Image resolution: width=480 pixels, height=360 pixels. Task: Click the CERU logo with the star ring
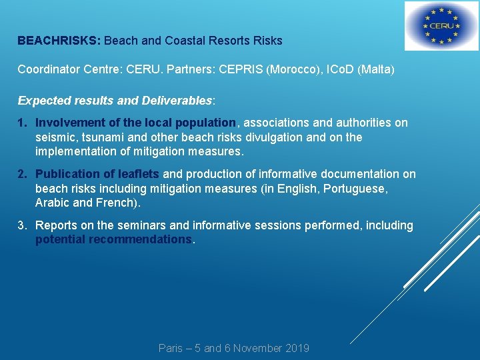pyautogui.click(x=441, y=27)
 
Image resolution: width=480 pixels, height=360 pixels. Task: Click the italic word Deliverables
pyautogui.click(x=177, y=101)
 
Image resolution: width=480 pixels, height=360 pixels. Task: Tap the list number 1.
pyautogui.click(x=21, y=123)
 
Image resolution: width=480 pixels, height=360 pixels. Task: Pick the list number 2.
pyautogui.click(x=22, y=174)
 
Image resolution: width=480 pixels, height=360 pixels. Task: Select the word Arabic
pyautogui.click(x=53, y=203)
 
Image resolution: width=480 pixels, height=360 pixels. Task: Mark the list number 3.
pyautogui.click(x=22, y=225)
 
